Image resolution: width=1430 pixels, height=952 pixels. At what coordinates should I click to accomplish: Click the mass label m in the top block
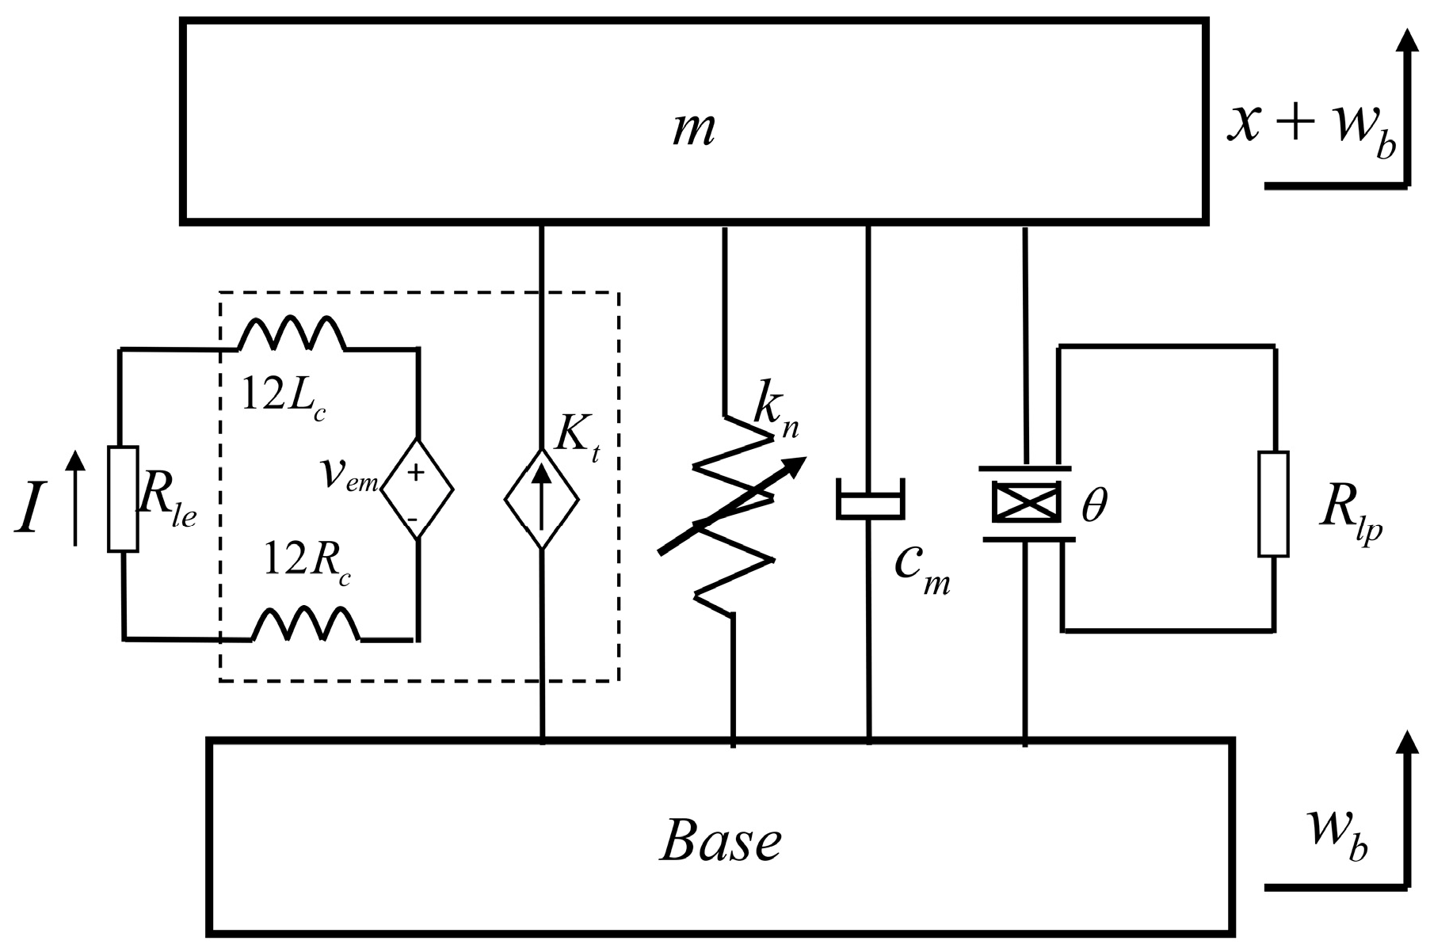pos(693,130)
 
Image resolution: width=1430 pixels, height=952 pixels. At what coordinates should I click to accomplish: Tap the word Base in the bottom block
pos(720,842)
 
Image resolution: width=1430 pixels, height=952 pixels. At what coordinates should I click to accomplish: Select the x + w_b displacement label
pos(1311,128)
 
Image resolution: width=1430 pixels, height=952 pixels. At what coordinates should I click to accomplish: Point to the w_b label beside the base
pos(1339,847)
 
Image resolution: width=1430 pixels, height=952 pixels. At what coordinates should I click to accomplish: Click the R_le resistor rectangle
pos(123,499)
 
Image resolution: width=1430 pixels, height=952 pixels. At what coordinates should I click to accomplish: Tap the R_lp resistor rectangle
pos(1273,505)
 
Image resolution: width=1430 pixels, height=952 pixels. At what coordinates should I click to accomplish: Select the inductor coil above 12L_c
pos(292,333)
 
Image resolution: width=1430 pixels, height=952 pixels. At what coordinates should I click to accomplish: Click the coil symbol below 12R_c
pos(306,625)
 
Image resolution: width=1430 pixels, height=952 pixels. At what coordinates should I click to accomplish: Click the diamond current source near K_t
pos(542,499)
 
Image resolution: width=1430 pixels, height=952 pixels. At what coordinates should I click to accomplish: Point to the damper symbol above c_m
pos(870,501)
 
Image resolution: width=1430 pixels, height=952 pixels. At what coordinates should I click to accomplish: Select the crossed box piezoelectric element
pos(1027,503)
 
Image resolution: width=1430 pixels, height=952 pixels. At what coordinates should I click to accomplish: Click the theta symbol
pos(1094,505)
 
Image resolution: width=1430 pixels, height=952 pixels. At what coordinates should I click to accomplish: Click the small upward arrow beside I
pos(74,499)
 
